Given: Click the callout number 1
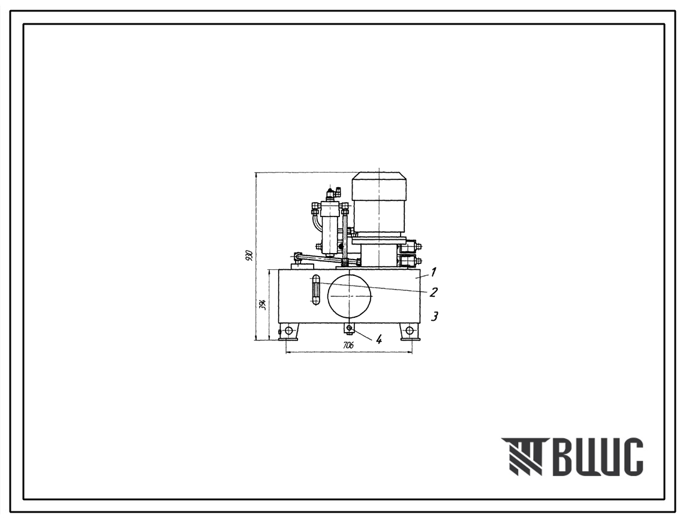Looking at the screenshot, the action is coord(434,273).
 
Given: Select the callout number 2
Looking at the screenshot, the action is coord(433,292).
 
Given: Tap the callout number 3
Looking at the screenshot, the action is coord(434,317).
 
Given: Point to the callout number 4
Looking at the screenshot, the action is coord(379,339).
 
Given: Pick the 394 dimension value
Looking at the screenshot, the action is coord(263,304).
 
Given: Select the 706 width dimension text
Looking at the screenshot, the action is coord(348,345).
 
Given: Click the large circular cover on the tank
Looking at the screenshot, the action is coord(350,296).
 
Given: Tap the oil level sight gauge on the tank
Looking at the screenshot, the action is coord(314,290).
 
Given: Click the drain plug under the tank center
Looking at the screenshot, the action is coord(350,327).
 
